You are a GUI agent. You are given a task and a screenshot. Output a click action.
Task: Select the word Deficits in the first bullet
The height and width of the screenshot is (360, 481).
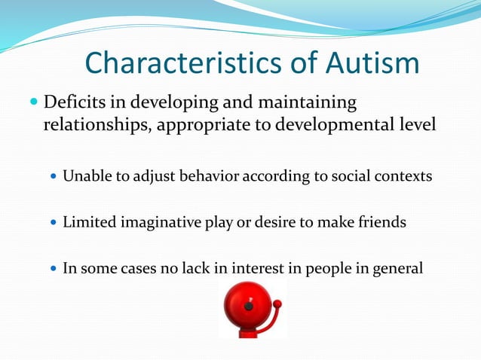pyautogui.click(x=75, y=102)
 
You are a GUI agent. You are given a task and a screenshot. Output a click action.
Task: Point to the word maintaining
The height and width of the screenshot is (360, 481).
pyautogui.click(x=304, y=102)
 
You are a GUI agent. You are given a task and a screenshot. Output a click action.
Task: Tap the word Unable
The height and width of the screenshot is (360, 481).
pyautogui.click(x=84, y=176)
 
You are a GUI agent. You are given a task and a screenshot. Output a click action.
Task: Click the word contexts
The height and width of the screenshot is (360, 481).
pyautogui.click(x=403, y=176)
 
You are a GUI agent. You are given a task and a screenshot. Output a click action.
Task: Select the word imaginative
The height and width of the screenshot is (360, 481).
pyautogui.click(x=158, y=222)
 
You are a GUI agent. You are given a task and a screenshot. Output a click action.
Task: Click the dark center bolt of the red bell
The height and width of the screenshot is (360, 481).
pyautogui.click(x=248, y=307)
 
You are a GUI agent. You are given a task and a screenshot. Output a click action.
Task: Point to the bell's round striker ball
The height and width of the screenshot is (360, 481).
pyautogui.click(x=277, y=304)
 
